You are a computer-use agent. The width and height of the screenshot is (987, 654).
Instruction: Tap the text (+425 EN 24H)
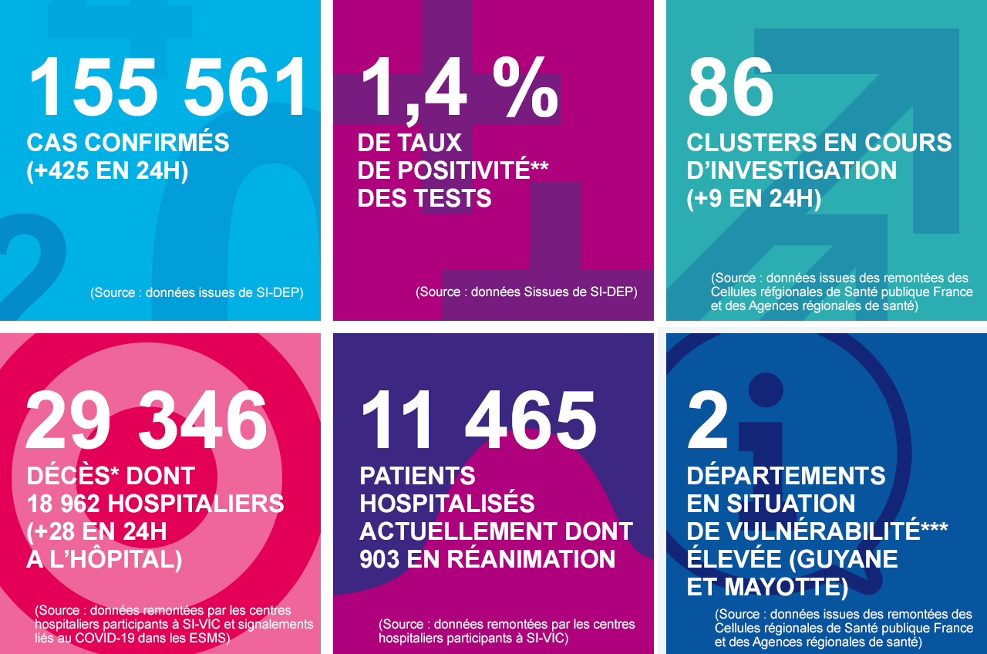(x=107, y=170)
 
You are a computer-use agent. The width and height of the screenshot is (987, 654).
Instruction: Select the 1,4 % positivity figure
(x=459, y=89)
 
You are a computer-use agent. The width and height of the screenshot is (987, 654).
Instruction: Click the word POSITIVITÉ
(x=443, y=170)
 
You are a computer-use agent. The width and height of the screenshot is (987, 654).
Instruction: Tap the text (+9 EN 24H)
(x=753, y=198)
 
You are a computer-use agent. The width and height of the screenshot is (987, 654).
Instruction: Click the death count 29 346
(x=147, y=422)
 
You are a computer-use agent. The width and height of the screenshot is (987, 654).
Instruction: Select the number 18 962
(x=64, y=504)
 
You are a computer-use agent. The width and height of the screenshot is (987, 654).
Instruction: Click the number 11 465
(x=478, y=422)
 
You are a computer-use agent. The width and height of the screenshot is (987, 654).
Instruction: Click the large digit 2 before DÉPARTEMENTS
(x=708, y=422)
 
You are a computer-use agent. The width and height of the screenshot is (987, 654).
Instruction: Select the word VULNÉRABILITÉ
(x=824, y=531)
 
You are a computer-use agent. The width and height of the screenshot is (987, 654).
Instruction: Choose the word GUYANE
(x=847, y=559)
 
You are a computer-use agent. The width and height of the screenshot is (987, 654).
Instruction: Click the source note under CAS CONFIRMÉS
(x=197, y=292)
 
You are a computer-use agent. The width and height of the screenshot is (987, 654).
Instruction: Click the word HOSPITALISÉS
(x=447, y=504)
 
